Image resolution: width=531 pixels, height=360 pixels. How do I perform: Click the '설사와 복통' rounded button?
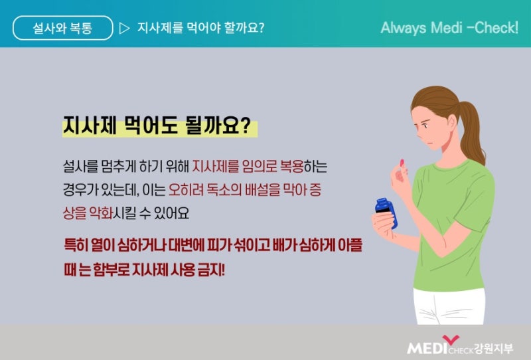[62, 28]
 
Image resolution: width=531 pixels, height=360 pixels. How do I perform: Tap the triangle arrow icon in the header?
[124, 28]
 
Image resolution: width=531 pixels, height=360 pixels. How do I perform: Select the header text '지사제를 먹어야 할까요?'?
[200, 28]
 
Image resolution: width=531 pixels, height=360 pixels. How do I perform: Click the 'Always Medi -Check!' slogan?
[449, 28]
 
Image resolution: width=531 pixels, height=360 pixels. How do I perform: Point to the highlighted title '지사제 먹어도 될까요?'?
[157, 126]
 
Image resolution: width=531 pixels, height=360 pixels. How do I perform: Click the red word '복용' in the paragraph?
[291, 167]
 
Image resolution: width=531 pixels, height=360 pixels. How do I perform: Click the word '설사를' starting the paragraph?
[80, 167]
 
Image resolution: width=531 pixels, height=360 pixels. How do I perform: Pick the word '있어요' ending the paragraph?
[171, 213]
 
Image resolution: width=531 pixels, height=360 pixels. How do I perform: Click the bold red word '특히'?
[76, 245]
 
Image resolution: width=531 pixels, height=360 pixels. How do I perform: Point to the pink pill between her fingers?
[402, 163]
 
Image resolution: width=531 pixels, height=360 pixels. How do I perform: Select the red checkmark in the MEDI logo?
[451, 339]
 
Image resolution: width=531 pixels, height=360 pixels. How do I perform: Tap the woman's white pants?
[449, 307]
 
